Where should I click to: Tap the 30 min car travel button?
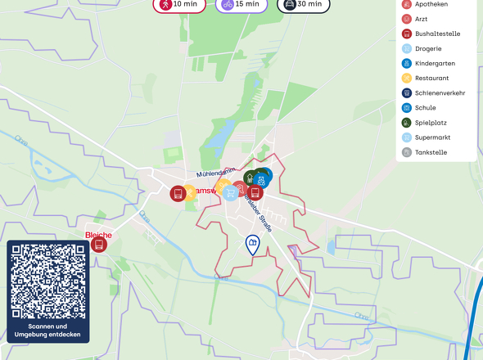(x=303, y=4)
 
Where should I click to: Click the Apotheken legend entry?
(x=431, y=4)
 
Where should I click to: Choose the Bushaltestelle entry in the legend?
(x=437, y=34)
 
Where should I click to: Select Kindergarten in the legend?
(x=435, y=63)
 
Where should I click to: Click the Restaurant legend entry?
(x=431, y=78)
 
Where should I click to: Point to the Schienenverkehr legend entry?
(x=440, y=92)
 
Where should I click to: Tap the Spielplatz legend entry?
(x=431, y=122)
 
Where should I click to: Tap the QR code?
(x=48, y=281)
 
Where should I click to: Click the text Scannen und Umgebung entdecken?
(x=48, y=331)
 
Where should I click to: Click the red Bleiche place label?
(x=98, y=235)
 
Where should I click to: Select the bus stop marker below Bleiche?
(x=99, y=244)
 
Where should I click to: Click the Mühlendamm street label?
(x=214, y=173)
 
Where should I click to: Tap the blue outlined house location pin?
(x=253, y=244)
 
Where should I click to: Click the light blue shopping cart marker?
(x=232, y=193)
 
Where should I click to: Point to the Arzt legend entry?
(x=422, y=19)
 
